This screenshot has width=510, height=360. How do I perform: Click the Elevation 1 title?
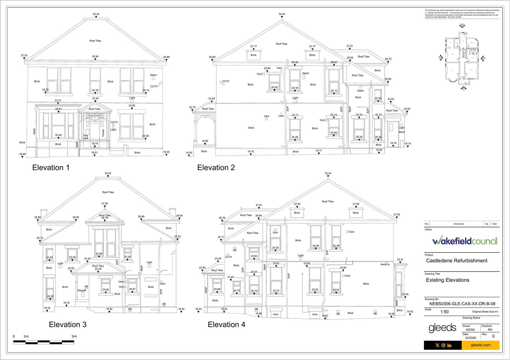point(51,168)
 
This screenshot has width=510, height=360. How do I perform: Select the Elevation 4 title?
point(226,325)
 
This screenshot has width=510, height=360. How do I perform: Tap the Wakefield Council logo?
point(464,241)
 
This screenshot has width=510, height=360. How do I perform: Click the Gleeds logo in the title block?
point(442,328)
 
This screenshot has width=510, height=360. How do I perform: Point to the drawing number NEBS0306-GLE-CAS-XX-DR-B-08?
point(460,304)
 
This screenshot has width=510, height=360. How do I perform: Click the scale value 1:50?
point(444,312)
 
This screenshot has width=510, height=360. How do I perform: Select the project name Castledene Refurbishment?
point(456,261)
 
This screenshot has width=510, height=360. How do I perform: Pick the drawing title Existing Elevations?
point(448,280)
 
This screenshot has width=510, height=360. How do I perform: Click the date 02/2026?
point(470,338)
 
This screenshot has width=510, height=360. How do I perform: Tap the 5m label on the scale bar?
point(74,336)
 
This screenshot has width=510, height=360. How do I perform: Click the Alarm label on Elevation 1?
point(153,75)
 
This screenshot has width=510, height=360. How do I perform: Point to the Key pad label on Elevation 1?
point(86,137)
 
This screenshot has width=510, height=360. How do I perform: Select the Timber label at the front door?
point(103,133)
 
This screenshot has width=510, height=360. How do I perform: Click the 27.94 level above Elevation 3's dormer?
point(105,204)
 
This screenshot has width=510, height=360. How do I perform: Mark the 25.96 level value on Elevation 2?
point(267,68)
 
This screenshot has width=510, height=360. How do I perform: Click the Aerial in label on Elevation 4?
point(385,264)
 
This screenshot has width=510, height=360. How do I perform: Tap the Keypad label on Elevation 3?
point(82,291)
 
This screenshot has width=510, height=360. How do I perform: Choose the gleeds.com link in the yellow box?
point(480,345)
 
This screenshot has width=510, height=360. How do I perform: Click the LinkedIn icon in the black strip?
point(449,345)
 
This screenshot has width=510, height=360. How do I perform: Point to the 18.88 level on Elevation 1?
point(22,154)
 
